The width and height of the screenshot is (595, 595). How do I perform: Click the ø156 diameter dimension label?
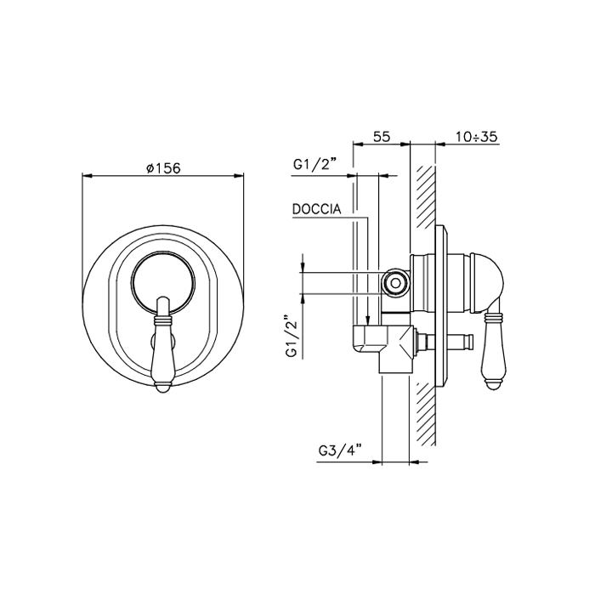(x=163, y=167)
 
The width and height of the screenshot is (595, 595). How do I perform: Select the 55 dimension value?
(x=382, y=136)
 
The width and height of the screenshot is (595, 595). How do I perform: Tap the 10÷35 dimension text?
(x=476, y=136)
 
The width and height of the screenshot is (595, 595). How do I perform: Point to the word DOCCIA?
(x=316, y=209)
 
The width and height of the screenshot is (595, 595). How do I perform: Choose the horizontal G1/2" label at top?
(x=315, y=165)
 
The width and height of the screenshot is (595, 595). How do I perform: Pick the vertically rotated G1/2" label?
(x=293, y=336)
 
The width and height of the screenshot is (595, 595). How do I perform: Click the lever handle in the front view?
(x=163, y=344)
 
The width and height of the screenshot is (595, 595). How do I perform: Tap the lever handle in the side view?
(x=492, y=349)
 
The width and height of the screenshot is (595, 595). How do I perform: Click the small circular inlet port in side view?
(x=395, y=283)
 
